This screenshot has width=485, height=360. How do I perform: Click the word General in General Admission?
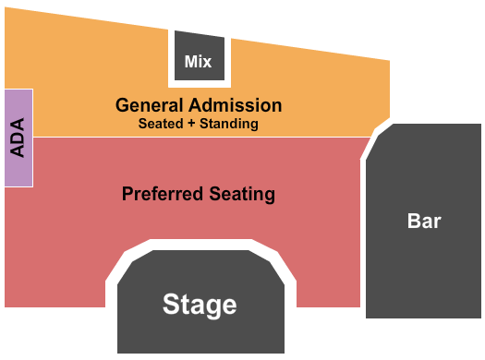(x=146, y=105)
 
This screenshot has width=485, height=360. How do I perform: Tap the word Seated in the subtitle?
(x=158, y=123)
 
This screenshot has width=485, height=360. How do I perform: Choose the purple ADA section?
(x=19, y=137)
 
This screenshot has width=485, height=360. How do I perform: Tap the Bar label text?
(x=424, y=222)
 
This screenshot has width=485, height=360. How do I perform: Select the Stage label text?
(x=200, y=304)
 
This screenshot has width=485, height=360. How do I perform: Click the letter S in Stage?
(x=171, y=304)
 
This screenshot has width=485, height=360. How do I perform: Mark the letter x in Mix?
(x=208, y=62)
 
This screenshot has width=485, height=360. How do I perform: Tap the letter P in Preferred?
(x=127, y=194)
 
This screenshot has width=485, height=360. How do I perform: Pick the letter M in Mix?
(x=191, y=62)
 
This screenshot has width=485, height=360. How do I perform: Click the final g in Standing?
(x=254, y=124)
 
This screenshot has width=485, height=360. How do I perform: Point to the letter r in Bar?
(x=437, y=222)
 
